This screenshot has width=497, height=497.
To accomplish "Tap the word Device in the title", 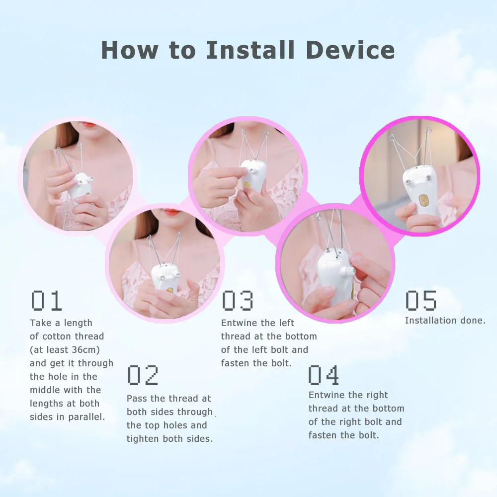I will point(350,50).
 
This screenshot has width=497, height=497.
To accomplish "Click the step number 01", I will point(46,301).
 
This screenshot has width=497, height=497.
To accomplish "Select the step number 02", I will point(143,375).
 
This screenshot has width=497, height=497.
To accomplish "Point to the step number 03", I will point(237,301).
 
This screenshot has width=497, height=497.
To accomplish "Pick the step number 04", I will point(324,375).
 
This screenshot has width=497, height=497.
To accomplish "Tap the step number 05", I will point(420,301).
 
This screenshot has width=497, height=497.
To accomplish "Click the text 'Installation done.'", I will point(445,321).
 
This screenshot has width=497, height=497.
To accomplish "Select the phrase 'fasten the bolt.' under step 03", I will point(256,363).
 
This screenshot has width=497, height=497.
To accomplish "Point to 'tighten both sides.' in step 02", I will point(169,439).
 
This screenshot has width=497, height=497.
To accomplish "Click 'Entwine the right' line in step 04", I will point(348,395).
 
